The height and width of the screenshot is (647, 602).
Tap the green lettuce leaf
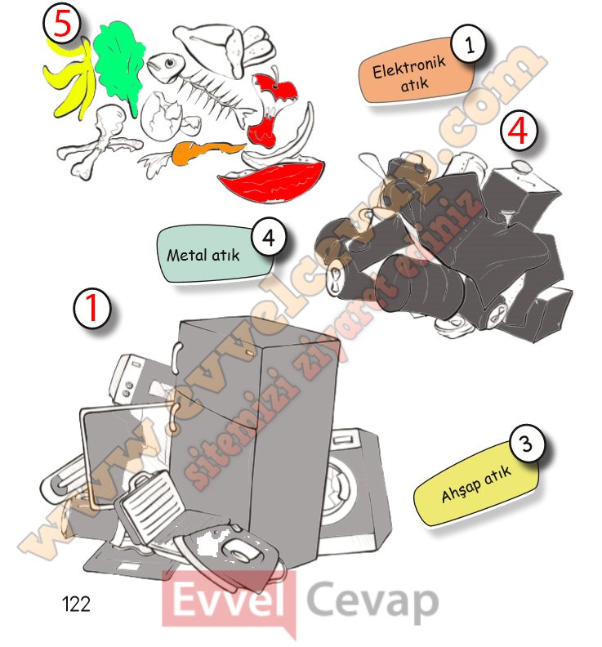click(118, 62)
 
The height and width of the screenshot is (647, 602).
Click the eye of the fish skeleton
click(171, 63)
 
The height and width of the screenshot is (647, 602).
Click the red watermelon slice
click(271, 181)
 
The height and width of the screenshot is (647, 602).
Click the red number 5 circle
click(62, 25)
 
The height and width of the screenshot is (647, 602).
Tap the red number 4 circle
click(518, 130)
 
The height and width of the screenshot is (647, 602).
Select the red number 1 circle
click(92, 308)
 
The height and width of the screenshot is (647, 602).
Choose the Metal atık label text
click(203, 255)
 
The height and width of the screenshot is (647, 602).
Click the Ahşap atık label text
click(476, 483)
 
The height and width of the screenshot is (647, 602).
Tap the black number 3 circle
click(527, 444)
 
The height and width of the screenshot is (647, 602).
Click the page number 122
click(76, 604)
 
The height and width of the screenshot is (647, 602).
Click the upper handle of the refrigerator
click(177, 357)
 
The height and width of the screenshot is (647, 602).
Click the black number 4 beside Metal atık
click(269, 237)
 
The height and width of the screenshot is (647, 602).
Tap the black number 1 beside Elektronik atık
click(469, 44)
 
